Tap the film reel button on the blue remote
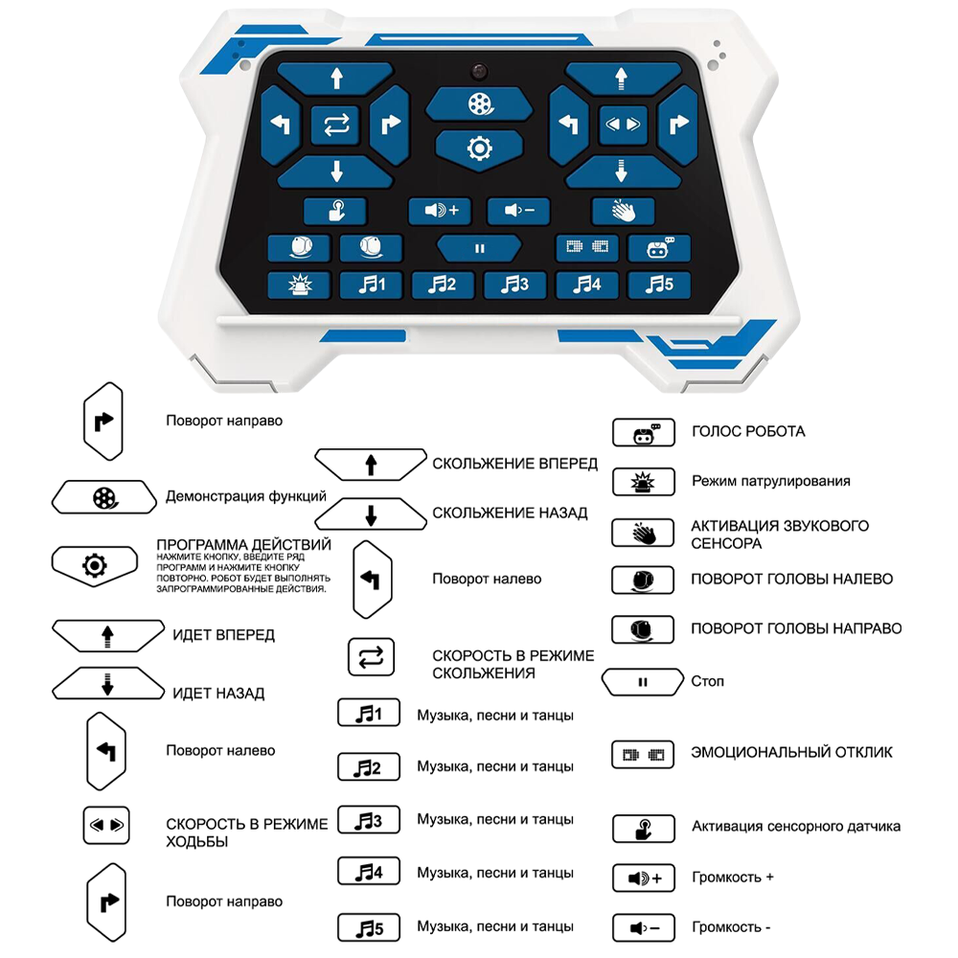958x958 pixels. (479, 104)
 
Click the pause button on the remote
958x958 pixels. (479, 248)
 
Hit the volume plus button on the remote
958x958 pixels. (441, 211)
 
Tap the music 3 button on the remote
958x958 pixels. (515, 285)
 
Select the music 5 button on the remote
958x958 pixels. (659, 285)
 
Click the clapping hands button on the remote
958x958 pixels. (623, 211)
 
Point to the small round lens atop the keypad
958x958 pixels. (479, 73)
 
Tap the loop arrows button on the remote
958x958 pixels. (336, 125)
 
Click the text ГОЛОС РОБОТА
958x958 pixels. (748, 431)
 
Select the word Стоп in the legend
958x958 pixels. (707, 681)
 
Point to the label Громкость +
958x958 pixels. (733, 877)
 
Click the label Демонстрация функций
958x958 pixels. (246, 496)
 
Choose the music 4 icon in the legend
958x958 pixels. (368, 872)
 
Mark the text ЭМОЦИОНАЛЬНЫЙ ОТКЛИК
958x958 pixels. (791, 752)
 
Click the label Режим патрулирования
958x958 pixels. (770, 480)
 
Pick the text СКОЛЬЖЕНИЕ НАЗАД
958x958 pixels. (510, 513)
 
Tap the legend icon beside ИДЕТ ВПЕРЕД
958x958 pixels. (107, 634)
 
